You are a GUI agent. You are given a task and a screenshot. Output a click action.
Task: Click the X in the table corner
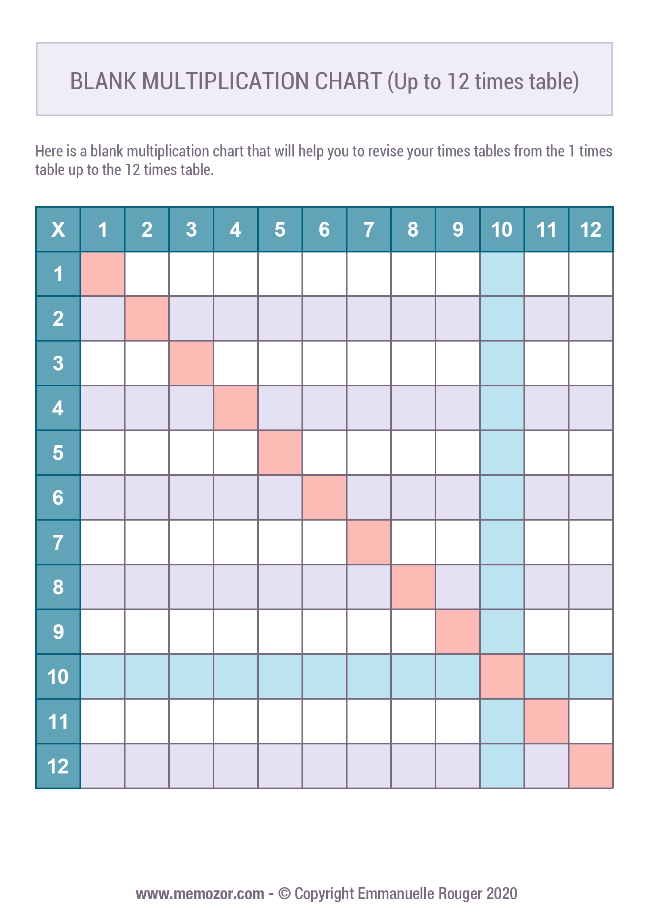58,229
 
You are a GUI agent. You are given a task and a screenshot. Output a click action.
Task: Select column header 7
368,229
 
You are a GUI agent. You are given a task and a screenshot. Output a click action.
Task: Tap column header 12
590,229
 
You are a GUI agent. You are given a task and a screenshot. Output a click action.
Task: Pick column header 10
502,229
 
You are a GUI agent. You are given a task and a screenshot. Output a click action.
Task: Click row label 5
58,452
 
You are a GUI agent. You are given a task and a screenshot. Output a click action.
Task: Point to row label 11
58,721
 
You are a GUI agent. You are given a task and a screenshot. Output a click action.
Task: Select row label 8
58,587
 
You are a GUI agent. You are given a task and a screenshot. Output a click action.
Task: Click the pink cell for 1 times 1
103,274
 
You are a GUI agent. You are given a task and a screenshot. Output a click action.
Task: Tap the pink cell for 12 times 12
590,766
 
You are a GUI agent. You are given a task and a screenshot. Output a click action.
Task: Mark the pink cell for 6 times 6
324,497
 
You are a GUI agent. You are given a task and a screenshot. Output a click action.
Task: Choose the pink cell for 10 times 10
502,676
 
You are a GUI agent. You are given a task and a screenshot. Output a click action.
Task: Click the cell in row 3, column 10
502,363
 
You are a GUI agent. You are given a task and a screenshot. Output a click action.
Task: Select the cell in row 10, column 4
235,676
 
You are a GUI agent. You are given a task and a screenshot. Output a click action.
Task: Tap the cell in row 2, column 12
590,318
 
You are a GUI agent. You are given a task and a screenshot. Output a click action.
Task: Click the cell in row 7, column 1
103,542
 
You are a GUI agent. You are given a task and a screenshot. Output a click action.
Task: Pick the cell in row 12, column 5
280,766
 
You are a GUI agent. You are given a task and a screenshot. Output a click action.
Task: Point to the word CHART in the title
348,81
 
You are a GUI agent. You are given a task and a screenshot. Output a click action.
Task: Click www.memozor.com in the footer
200,894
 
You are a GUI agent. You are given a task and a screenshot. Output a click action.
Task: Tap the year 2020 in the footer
502,894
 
